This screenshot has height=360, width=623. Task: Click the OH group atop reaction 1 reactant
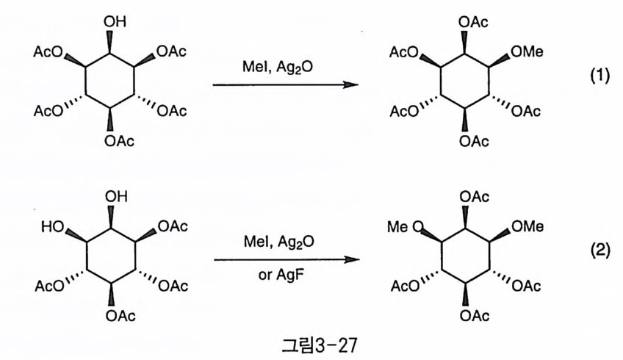[115, 22]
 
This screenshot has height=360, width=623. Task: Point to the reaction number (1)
[600, 77]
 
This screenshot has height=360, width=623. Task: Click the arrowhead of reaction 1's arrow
[353, 84]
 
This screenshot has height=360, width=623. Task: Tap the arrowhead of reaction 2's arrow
[353, 259]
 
